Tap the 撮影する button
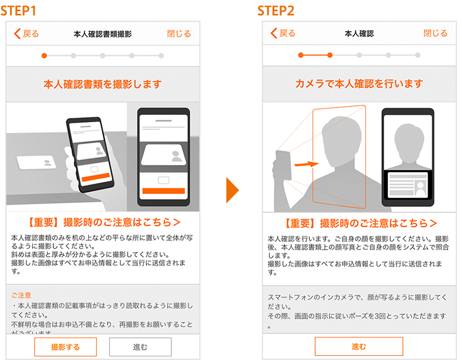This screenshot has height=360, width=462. coord(65,347)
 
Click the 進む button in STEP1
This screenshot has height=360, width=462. coord(141,347)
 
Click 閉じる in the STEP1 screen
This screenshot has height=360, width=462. coord(179,34)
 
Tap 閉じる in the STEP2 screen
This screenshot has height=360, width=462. coord(435,34)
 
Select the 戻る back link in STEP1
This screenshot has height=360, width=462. coord(27,34)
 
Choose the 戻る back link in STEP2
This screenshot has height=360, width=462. coord(283,33)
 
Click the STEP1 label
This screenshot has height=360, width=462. coord(18,11)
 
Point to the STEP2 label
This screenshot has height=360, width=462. coord(276,11)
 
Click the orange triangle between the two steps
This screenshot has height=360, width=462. coord(232,190)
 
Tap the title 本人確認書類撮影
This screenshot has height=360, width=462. coord(103,34)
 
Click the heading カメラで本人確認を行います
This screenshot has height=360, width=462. coord(359,84)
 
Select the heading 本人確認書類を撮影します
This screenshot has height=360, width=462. coord(103,84)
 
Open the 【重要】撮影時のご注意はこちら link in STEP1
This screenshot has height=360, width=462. coord(103,222)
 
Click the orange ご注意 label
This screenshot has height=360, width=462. coord(21,295)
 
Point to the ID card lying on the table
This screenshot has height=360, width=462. coord(36,162)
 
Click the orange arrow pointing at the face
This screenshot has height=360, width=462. coord(307,164)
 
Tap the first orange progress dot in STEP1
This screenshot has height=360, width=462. coord(44,55)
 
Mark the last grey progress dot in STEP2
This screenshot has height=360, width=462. coord(417,55)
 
